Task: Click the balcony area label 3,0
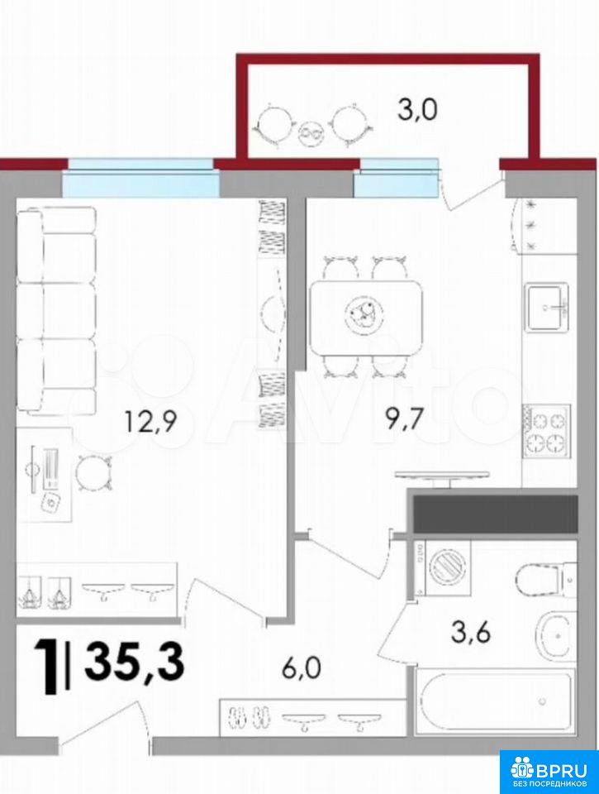[417, 110]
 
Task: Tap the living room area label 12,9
[151, 422]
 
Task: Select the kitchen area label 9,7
[404, 420]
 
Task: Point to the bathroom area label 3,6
[471, 633]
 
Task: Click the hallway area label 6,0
[302, 669]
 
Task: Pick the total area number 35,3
[134, 661]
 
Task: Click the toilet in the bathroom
[546, 578]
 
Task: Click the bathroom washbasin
[556, 635]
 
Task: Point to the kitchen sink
[546, 307]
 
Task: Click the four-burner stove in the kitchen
[547, 432]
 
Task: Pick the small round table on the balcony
[311, 134]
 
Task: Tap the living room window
[141, 178]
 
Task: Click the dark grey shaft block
[495, 514]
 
